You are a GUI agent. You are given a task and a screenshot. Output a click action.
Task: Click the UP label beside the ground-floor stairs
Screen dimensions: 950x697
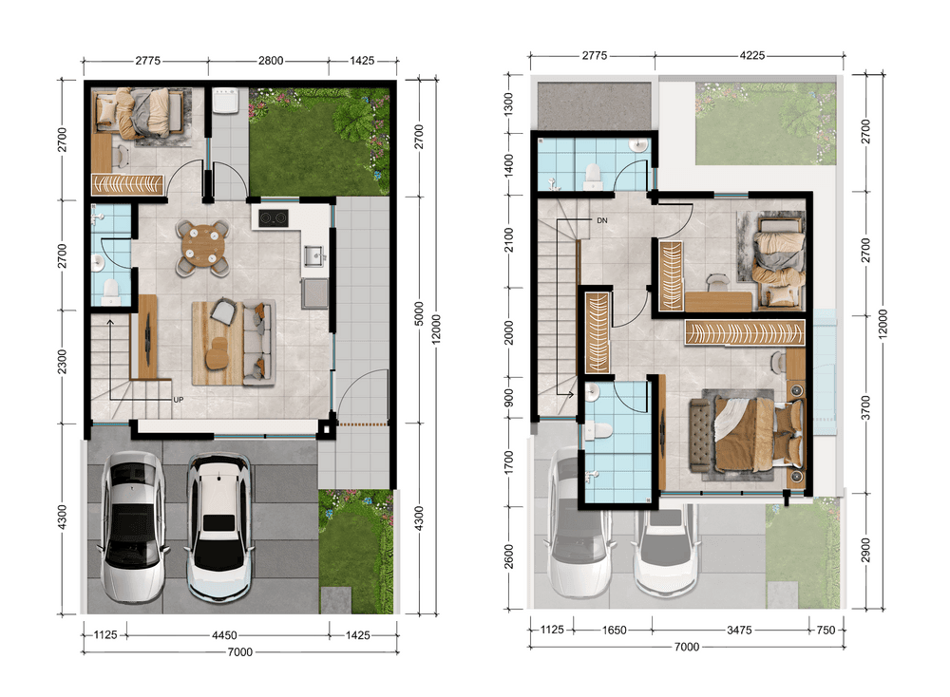click(x=179, y=400)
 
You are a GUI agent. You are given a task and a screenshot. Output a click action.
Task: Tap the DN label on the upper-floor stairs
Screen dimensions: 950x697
click(x=601, y=220)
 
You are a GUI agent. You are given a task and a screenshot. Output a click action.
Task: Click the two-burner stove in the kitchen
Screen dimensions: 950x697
click(x=274, y=218)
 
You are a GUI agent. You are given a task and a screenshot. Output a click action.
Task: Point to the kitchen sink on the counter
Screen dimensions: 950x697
click(x=313, y=256)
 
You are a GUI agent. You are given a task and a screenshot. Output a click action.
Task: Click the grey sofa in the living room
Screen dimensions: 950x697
click(x=260, y=344)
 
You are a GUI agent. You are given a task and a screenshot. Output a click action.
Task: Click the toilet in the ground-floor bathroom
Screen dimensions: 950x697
click(x=111, y=292)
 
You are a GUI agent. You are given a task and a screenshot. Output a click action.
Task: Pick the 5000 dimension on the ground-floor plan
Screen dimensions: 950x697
click(x=419, y=313)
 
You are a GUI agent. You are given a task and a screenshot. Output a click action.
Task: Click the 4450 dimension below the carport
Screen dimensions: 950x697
click(x=224, y=635)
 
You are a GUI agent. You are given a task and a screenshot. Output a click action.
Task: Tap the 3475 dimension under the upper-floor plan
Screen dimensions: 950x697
click(x=739, y=631)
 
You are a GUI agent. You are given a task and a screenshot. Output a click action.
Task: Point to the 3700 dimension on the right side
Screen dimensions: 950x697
click(x=865, y=407)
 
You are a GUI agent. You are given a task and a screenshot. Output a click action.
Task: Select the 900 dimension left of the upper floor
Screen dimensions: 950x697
click(x=509, y=398)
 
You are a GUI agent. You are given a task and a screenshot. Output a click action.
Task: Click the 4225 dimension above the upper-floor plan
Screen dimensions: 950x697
click(x=751, y=56)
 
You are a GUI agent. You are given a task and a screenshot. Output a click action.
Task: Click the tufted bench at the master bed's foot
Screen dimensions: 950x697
click(x=702, y=434)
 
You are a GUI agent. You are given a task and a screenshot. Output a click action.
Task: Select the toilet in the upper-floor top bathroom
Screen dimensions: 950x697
click(x=591, y=174)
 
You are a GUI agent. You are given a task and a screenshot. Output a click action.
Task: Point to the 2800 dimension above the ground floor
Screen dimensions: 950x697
click(x=270, y=61)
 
